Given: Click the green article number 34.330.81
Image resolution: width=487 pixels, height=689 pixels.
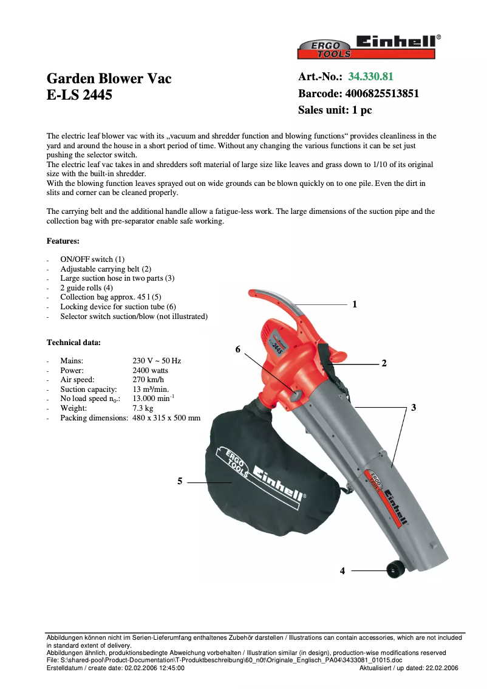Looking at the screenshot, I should tap(370, 77).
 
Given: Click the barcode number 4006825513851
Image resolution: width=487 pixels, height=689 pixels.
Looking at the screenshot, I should tap(382, 94).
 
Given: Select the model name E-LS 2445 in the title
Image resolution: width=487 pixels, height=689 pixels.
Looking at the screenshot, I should tap(80, 95).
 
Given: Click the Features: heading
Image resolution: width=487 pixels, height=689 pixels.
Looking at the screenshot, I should tap(63, 241).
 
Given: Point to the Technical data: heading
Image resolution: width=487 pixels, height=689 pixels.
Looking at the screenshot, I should tap(73, 342).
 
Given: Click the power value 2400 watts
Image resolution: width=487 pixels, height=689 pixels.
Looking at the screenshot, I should tap(150, 370).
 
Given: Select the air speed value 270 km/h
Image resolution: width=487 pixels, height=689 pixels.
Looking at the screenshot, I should tap(148, 380).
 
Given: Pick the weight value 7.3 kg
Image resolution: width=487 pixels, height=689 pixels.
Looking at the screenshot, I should tap(143, 408).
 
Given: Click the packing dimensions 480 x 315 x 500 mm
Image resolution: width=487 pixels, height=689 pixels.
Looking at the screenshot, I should tap(166, 418).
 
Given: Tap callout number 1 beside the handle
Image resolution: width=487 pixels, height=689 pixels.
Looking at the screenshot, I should tap(355, 304).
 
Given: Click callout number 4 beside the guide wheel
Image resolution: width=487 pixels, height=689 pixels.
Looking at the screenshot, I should tap(342, 571).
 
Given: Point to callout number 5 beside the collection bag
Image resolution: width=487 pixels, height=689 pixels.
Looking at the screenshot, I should tap(180, 481).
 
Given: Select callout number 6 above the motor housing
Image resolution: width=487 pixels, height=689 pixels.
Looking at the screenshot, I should tap(238, 349).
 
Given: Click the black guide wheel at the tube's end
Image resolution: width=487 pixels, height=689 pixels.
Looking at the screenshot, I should tap(395, 569).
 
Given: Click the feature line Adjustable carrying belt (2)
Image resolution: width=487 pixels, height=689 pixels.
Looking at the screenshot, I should tap(106, 269).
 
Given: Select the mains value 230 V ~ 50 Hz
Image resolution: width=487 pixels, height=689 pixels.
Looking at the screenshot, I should tap(157, 360).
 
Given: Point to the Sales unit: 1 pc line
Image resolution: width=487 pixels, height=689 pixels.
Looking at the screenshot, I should tap(335, 111).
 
